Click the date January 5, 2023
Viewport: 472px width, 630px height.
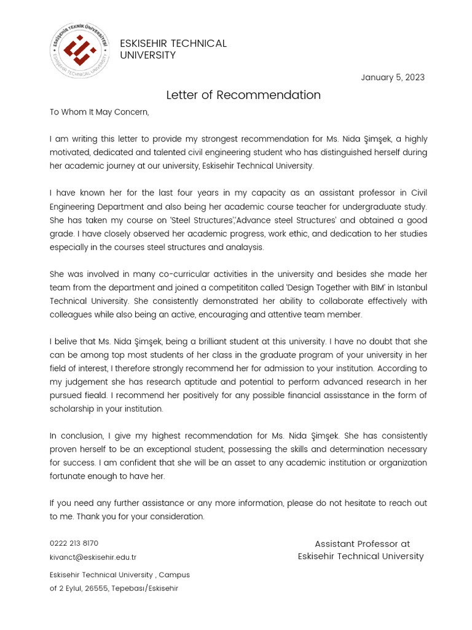coord(393,78)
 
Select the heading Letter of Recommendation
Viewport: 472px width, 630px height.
coord(243,95)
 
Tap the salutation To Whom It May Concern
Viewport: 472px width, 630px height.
coord(100,112)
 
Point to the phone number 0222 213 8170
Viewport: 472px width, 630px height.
coord(74,543)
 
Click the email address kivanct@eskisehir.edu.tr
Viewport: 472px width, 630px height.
coord(93,557)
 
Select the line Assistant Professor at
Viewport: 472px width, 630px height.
coord(362,544)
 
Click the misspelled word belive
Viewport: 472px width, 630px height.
coord(68,341)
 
